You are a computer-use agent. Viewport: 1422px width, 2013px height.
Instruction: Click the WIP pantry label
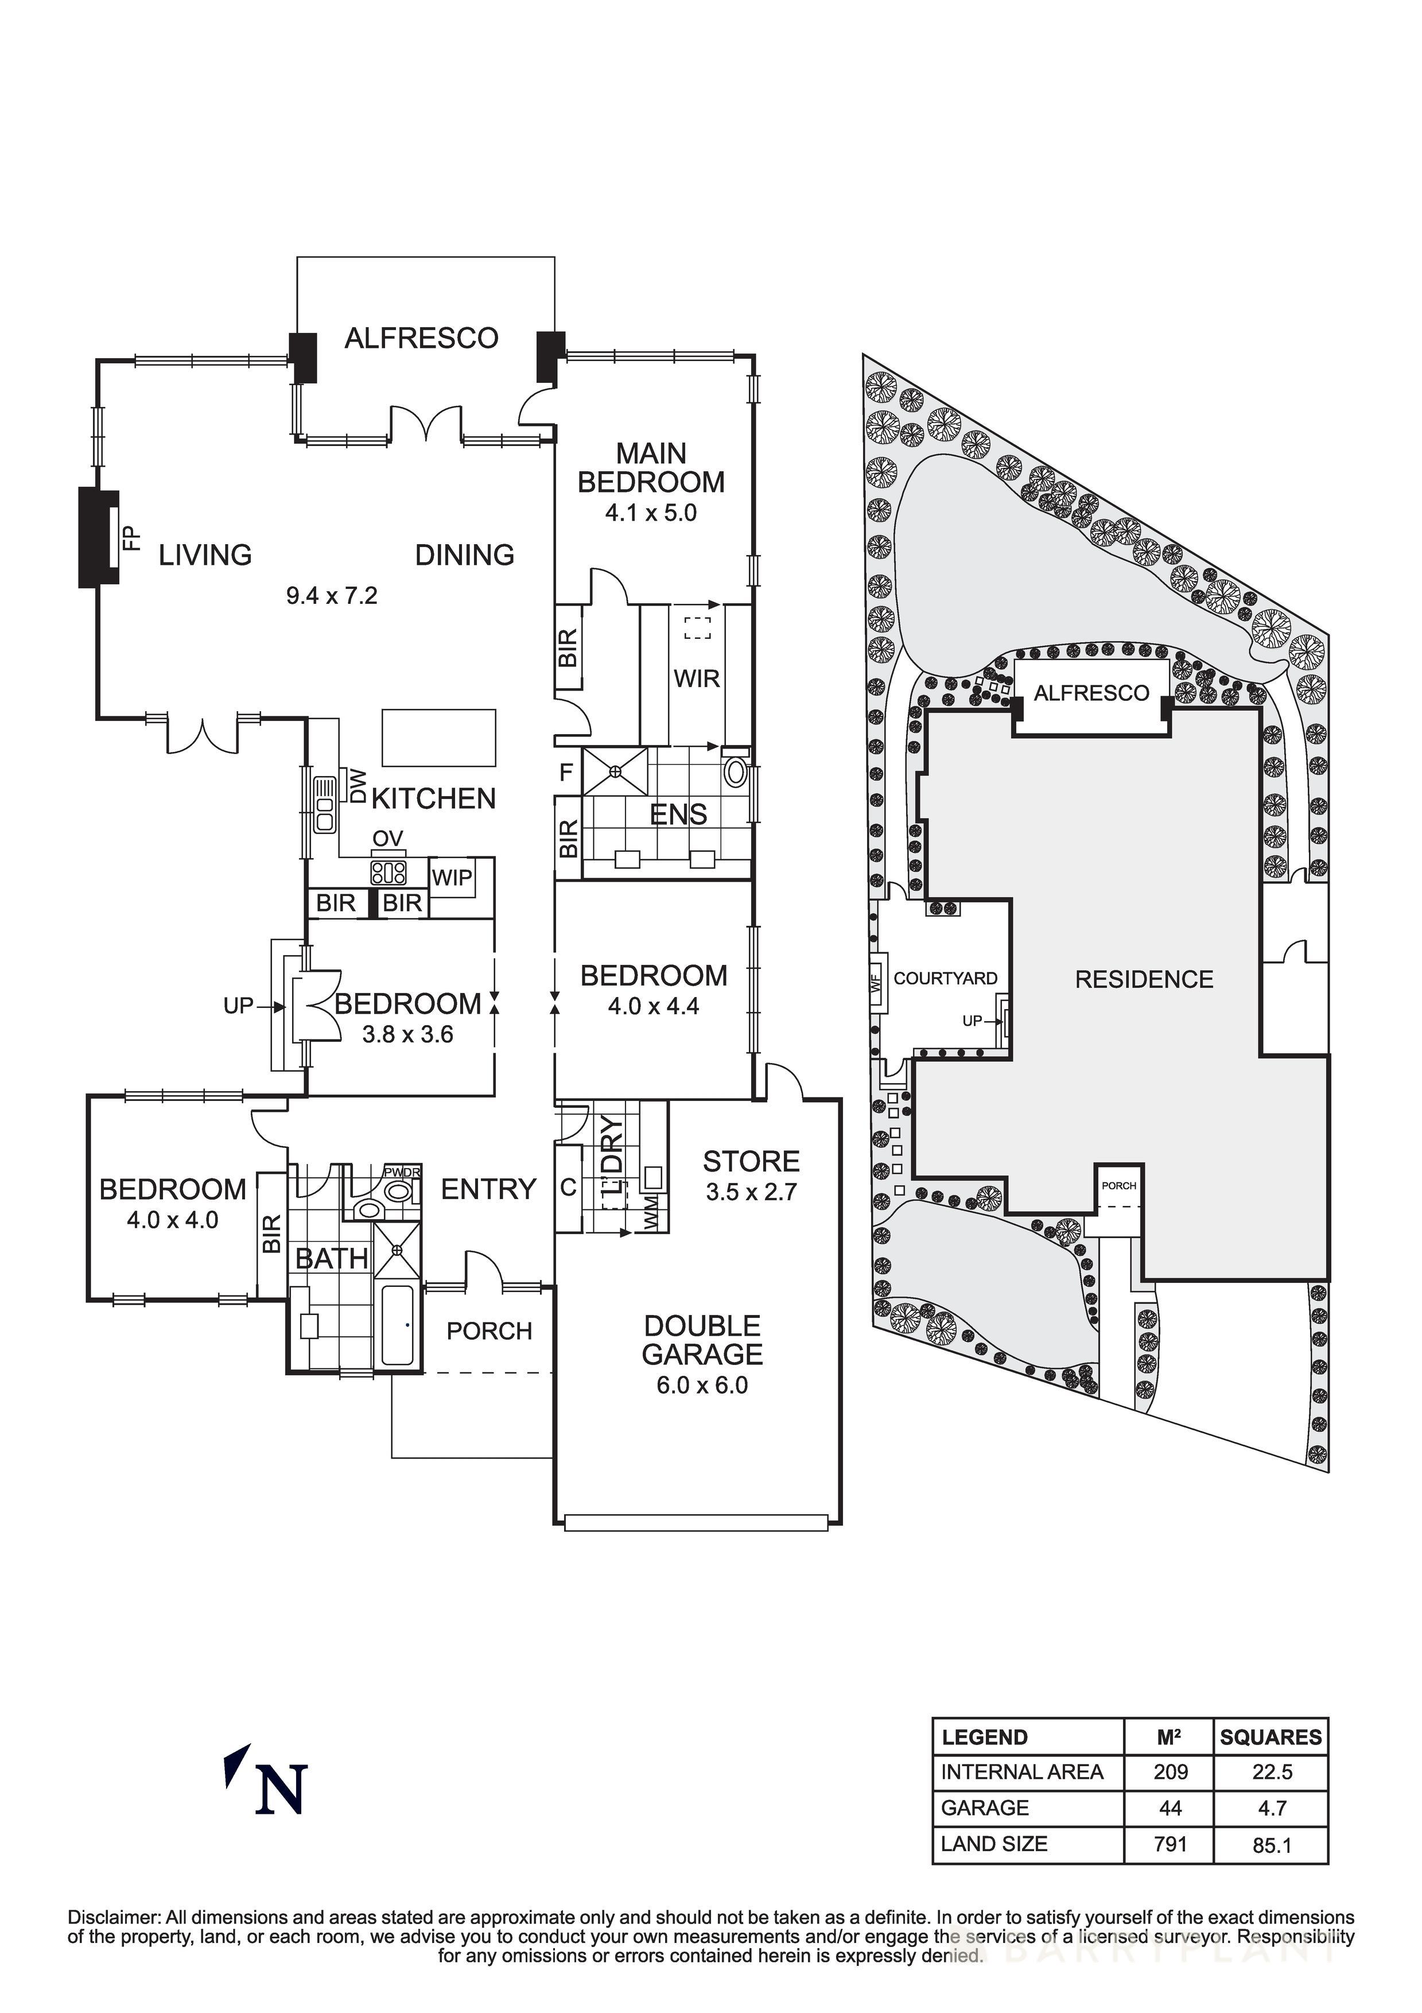(x=452, y=878)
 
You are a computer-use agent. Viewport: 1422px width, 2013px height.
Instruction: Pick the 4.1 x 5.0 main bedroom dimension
(x=651, y=513)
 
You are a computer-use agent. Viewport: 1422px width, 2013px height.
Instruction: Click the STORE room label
(x=751, y=1162)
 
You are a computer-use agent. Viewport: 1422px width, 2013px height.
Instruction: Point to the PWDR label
(x=402, y=1172)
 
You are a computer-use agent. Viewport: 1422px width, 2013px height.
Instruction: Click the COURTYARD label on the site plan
(x=945, y=979)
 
